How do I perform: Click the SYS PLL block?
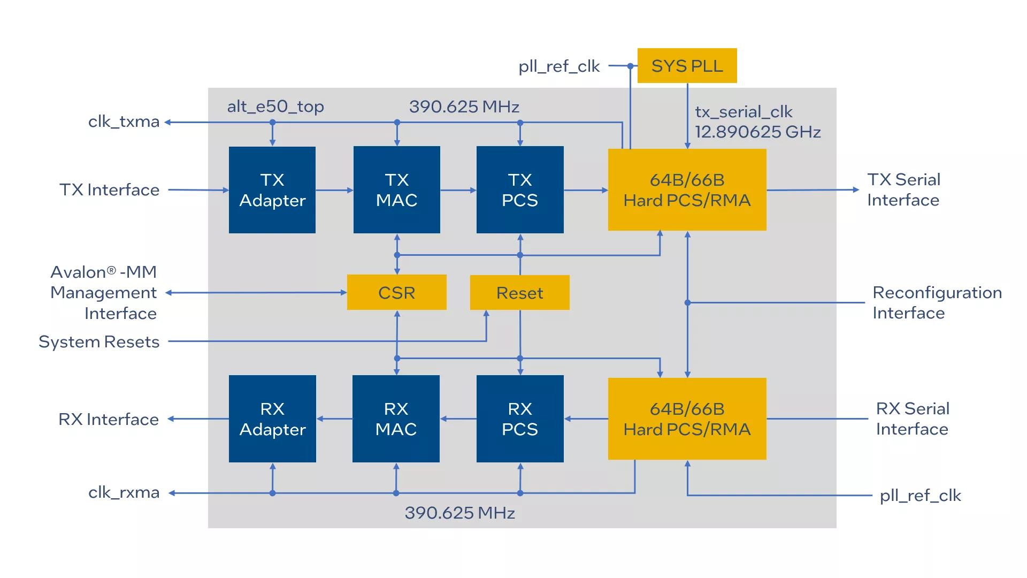pyautogui.click(x=687, y=66)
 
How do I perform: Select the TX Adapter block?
pyautogui.click(x=272, y=190)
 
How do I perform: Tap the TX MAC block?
pyautogui.click(x=396, y=190)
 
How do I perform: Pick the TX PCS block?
pyautogui.click(x=520, y=190)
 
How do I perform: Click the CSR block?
pyautogui.click(x=396, y=293)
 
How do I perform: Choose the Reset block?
pyautogui.click(x=519, y=293)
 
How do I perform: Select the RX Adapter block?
pyautogui.click(x=272, y=419)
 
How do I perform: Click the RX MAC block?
pyautogui.click(x=396, y=419)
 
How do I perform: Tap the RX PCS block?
pyautogui.click(x=520, y=419)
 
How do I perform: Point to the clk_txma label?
pyautogui.click(x=124, y=122)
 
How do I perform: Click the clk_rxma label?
pyautogui.click(x=124, y=492)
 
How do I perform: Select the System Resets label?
pyautogui.click(x=99, y=341)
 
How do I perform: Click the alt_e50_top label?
pyautogui.click(x=275, y=107)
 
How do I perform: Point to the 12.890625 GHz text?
pyautogui.click(x=757, y=132)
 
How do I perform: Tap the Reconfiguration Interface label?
pyautogui.click(x=937, y=302)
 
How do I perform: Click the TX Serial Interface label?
pyautogui.click(x=903, y=189)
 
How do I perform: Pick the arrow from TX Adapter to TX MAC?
pyautogui.click(x=334, y=190)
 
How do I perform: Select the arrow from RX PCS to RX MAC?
pyautogui.click(x=458, y=419)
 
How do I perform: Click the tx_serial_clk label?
pyautogui.click(x=744, y=112)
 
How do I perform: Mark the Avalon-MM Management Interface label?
pyautogui.click(x=104, y=293)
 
